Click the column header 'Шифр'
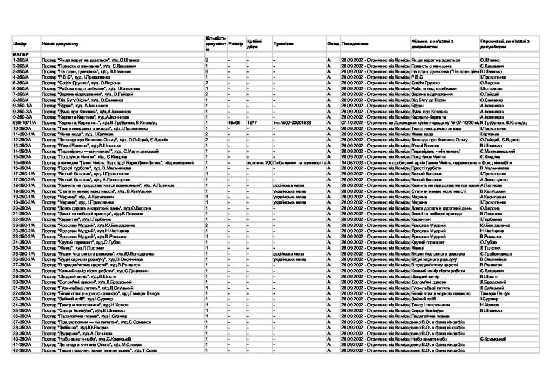(x=17, y=43)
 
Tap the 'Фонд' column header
(x=333, y=43)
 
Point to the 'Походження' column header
(x=356, y=43)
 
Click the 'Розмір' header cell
(x=235, y=43)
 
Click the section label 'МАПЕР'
(x=21, y=55)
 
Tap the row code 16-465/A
(x=22, y=162)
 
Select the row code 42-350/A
(x=22, y=350)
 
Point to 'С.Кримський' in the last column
(x=493, y=339)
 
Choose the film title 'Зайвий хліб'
(x=424, y=299)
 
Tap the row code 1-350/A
(x=21, y=60)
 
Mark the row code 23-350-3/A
(x=23, y=236)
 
